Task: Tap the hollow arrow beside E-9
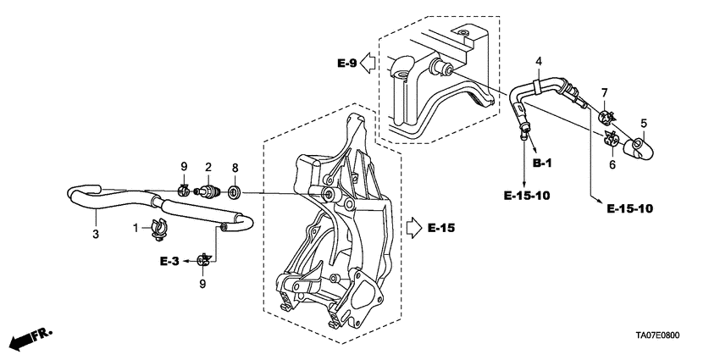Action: [x=369, y=63]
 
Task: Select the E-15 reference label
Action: [x=442, y=227]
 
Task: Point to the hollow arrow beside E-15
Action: [x=413, y=227]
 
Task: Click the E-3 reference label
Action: [x=169, y=261]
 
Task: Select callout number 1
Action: [x=136, y=227]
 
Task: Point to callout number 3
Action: [x=95, y=234]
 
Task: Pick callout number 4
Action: [x=539, y=61]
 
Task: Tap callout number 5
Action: [x=643, y=124]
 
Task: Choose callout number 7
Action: [x=605, y=91]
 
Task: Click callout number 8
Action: [x=235, y=168]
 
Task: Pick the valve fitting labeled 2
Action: [x=207, y=191]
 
